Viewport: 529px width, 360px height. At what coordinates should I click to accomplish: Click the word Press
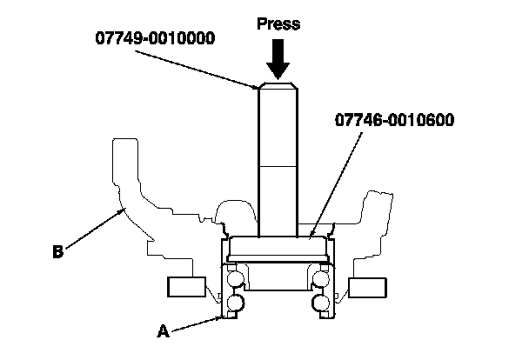(x=278, y=23)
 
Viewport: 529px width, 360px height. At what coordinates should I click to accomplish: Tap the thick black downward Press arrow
(x=278, y=59)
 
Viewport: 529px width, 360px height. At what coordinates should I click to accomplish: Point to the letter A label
(x=161, y=330)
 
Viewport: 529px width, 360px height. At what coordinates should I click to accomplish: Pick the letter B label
(x=57, y=253)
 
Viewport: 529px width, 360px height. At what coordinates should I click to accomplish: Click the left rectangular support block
(x=185, y=287)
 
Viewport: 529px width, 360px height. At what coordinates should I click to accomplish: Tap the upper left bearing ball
(x=236, y=279)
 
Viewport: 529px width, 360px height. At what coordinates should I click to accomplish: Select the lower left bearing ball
(x=236, y=303)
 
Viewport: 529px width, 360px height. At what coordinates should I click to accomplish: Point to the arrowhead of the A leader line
(x=220, y=318)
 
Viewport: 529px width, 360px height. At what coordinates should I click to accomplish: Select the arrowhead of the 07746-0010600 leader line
(x=311, y=232)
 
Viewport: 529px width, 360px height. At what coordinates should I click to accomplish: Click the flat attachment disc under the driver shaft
(x=278, y=245)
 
